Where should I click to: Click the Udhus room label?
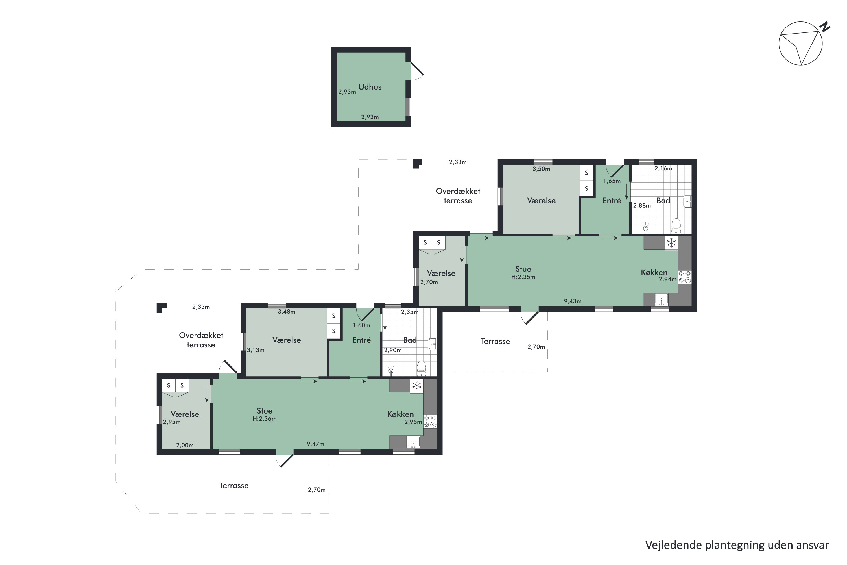click(370, 87)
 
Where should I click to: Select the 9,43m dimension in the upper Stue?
click(573, 301)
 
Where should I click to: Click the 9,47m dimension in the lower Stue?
click(315, 444)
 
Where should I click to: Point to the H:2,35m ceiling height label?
click(523, 277)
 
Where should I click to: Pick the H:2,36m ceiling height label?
click(265, 419)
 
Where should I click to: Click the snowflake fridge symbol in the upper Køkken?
click(671, 243)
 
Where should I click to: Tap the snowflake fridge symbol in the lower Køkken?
click(417, 386)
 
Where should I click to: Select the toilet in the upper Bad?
click(676, 226)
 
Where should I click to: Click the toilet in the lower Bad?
click(421, 368)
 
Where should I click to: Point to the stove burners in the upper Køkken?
click(685, 277)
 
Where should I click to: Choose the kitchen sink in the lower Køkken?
click(413, 442)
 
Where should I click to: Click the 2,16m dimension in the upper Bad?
click(663, 168)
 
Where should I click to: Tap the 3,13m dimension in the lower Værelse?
click(256, 350)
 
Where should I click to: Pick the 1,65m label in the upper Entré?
click(612, 181)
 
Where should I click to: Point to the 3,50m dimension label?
click(541, 169)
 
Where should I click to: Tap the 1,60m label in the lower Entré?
click(362, 325)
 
